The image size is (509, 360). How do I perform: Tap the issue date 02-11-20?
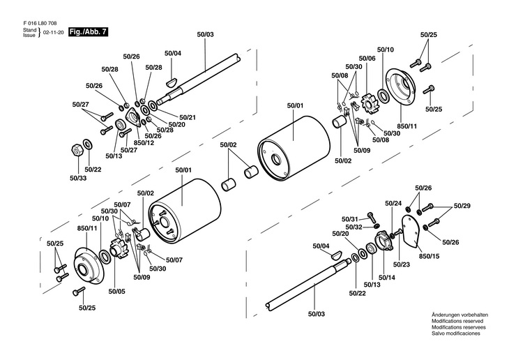point(54,33)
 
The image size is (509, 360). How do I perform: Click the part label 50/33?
point(78,178)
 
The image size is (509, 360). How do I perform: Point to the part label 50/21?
point(188,117)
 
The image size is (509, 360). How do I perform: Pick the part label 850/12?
point(144,143)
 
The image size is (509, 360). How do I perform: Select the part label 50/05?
point(116,291)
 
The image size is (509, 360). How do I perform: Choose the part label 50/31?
point(350,218)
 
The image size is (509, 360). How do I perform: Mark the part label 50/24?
point(393,203)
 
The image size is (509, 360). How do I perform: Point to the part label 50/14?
point(386,277)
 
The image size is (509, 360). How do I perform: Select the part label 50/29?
point(462,206)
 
